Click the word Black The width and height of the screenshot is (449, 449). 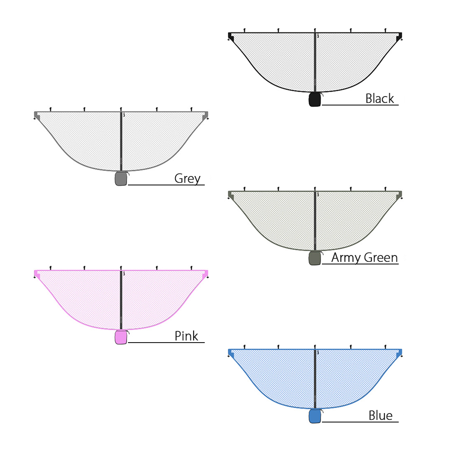[x=380, y=98]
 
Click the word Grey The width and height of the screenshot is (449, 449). [x=188, y=179]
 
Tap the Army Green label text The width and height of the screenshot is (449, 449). [x=365, y=258]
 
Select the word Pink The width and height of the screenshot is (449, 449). [x=186, y=336]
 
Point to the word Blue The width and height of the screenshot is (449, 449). [x=381, y=415]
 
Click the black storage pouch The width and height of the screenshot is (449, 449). [x=315, y=99]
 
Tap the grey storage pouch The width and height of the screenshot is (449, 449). [x=121, y=179]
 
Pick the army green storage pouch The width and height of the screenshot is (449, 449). [x=315, y=258]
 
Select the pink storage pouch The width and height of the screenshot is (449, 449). [x=121, y=337]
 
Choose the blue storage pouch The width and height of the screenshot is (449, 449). [x=315, y=416]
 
